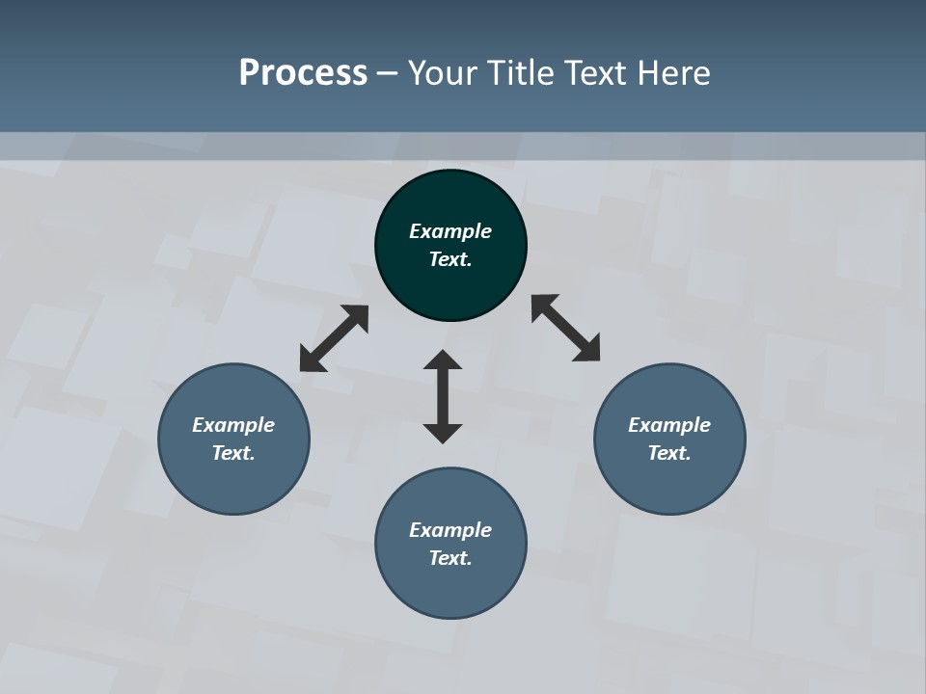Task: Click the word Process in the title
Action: (303, 73)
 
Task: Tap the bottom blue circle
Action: (450, 588)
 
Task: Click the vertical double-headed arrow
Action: (443, 396)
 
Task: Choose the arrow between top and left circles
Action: (334, 338)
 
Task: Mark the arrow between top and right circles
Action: (566, 328)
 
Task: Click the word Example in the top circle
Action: (450, 231)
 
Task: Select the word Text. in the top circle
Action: (450, 259)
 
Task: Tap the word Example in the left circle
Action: (233, 425)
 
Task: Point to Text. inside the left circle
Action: (233, 453)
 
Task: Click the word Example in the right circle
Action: (669, 425)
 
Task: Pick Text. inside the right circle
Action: (669, 453)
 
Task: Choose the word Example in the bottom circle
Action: (450, 530)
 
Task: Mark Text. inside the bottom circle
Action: (450, 558)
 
